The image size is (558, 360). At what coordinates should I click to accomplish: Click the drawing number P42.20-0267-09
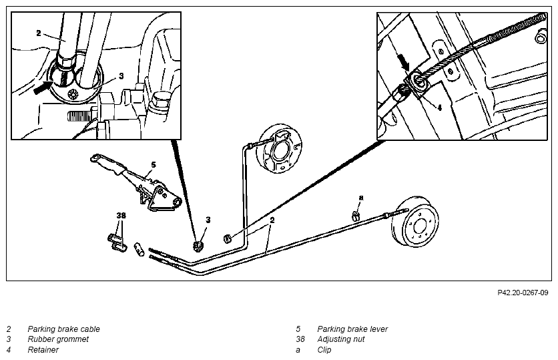tap(523, 293)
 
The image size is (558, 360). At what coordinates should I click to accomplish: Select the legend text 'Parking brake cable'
tap(63, 329)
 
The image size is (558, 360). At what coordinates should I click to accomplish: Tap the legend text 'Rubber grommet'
tap(58, 339)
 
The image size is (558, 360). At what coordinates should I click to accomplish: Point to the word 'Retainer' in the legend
tap(43, 350)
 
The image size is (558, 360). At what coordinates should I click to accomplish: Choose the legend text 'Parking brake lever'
tap(352, 329)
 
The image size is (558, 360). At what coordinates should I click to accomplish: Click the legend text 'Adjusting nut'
tap(341, 339)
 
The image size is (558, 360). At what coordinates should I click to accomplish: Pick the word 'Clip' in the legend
tap(324, 350)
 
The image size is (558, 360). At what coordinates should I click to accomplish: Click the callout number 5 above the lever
tap(154, 165)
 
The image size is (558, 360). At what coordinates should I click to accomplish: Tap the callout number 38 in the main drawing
tap(121, 216)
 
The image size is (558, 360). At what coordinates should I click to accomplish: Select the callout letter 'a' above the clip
tap(361, 198)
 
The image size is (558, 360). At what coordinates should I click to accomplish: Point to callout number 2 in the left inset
tap(39, 33)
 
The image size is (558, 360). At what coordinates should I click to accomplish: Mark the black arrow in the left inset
tap(43, 87)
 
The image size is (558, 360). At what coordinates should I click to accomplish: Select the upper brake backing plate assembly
tap(280, 149)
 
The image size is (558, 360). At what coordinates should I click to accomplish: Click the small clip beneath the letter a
tap(356, 216)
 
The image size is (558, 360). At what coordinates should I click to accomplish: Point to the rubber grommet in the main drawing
tap(199, 246)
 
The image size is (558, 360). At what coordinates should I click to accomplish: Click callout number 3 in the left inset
tap(121, 76)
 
